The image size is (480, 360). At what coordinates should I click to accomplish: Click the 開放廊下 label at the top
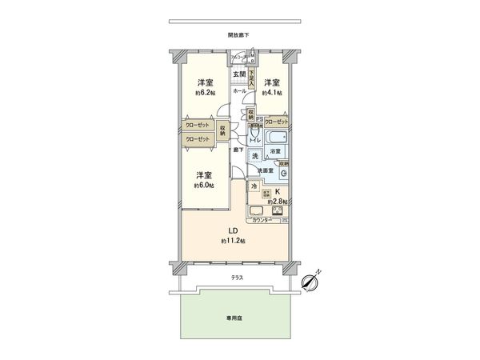click(238, 35)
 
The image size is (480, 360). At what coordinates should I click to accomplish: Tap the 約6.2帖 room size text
click(206, 93)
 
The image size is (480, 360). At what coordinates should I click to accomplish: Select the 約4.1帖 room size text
click(273, 93)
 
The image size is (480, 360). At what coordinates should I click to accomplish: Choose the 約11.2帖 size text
click(234, 241)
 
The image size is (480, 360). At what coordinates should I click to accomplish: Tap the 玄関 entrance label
click(239, 74)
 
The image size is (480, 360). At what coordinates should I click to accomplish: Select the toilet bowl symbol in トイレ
click(254, 132)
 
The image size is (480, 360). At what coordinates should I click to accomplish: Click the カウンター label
click(258, 219)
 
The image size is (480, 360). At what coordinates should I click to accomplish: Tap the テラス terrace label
click(238, 278)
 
